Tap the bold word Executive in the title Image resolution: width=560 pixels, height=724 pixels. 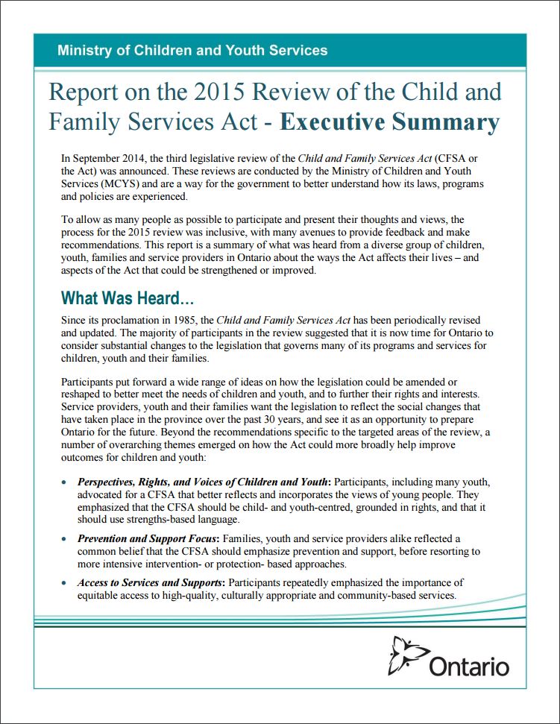tap(340, 122)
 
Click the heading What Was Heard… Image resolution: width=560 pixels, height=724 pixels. tap(128, 298)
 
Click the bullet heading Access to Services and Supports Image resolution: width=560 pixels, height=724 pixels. tap(153, 582)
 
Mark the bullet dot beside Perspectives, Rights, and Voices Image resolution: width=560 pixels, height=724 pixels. tap(66, 483)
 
